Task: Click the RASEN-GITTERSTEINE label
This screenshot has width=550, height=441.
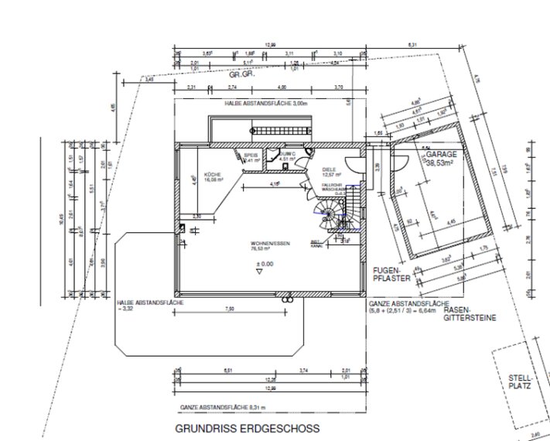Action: point(470,313)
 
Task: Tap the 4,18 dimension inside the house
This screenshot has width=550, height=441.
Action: point(275,184)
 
